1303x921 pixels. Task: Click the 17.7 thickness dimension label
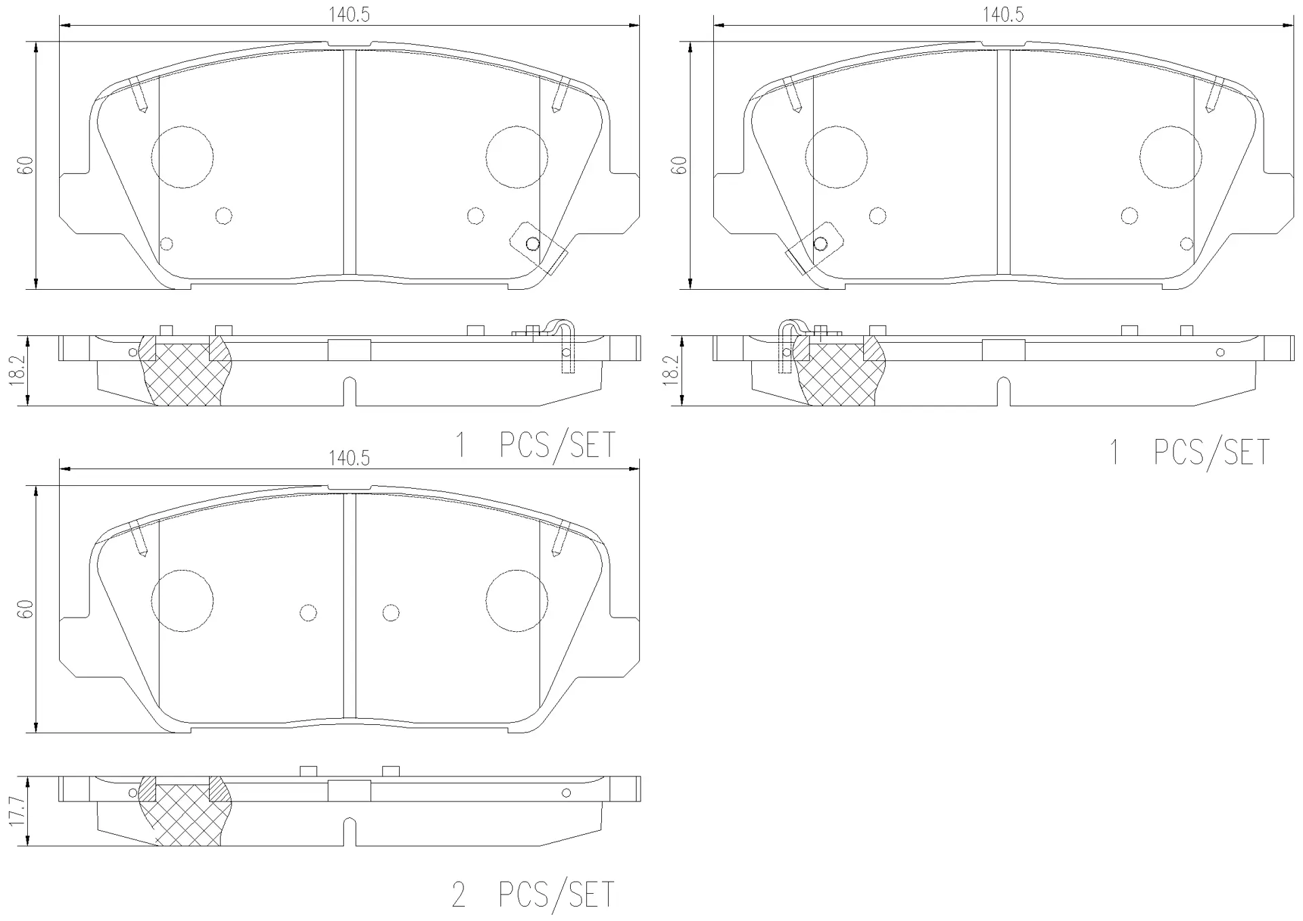[20, 812]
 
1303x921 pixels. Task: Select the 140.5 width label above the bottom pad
[350, 459]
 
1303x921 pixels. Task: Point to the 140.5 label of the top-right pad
[1003, 14]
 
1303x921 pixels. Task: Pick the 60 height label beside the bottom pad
[26, 609]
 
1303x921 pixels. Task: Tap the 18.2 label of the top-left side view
[20, 371]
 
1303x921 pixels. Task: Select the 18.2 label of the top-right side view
[673, 371]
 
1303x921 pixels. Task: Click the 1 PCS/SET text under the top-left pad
[535, 446]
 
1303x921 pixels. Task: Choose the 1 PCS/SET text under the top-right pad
[1189, 453]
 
